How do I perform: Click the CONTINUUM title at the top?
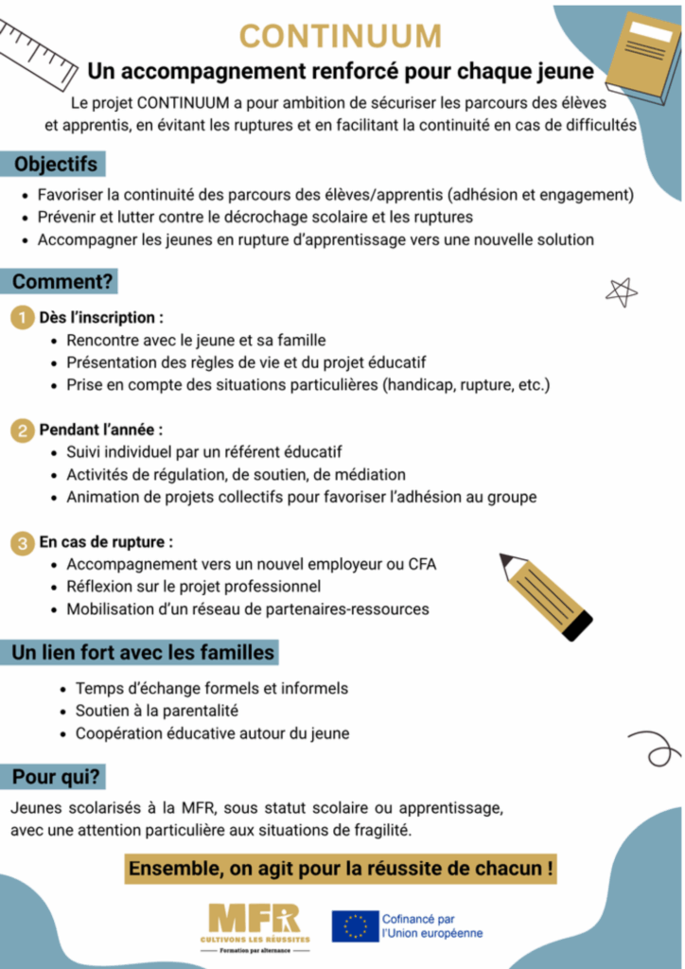[341, 36]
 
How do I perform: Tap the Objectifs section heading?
[55, 165]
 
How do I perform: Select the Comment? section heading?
[62, 282]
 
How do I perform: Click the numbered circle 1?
[22, 317]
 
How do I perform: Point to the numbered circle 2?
[22, 430]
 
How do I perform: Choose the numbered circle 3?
[22, 543]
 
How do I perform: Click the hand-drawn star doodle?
[621, 292]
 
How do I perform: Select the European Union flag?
[355, 925]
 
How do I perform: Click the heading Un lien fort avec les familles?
[143, 653]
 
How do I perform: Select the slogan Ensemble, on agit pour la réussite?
[341, 868]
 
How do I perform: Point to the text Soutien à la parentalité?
[157, 711]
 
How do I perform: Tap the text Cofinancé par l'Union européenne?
[431, 925]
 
